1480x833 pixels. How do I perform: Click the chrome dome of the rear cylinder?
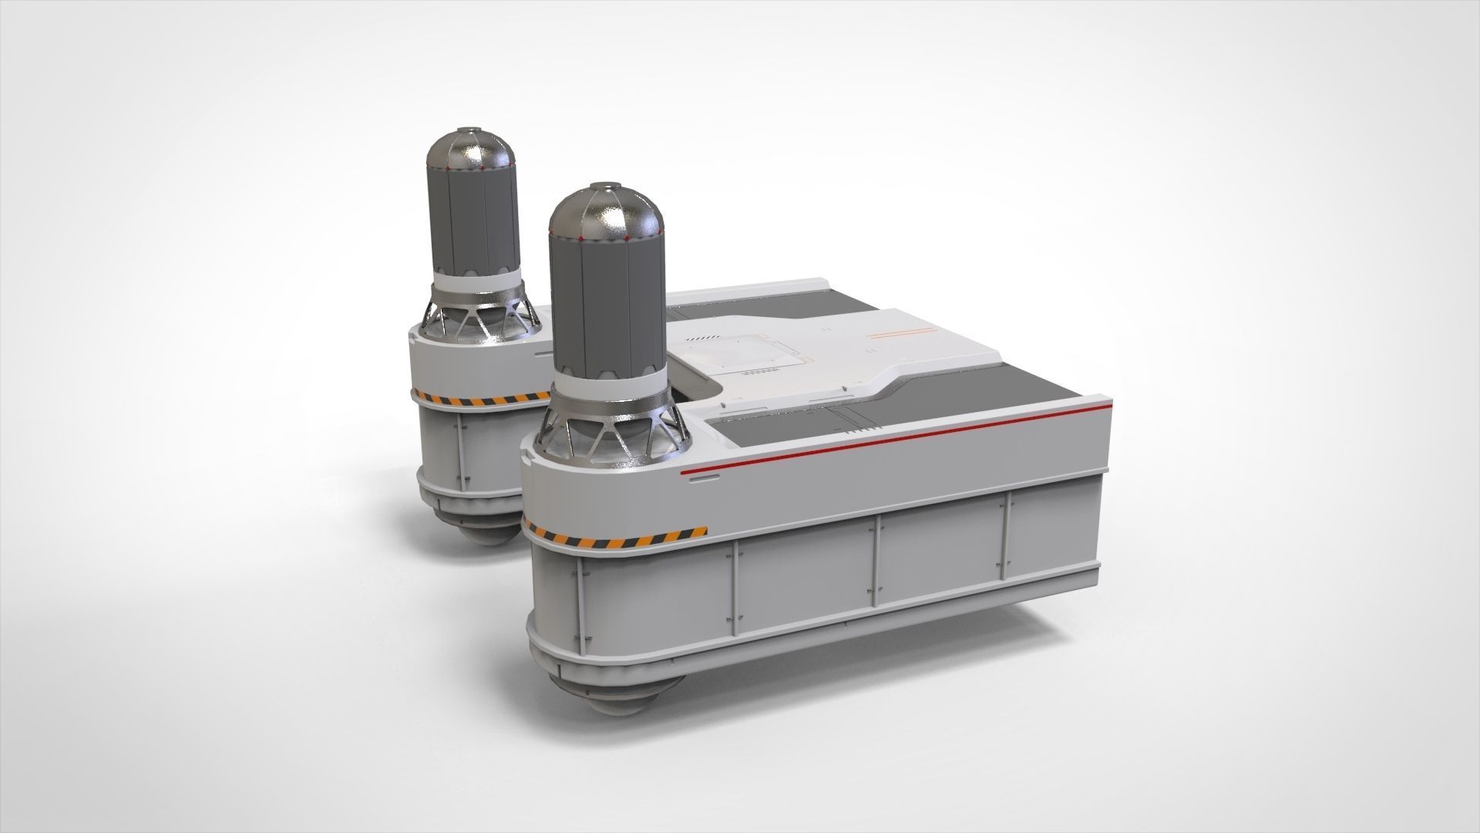(470, 150)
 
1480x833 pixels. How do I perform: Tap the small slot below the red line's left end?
(703, 478)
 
